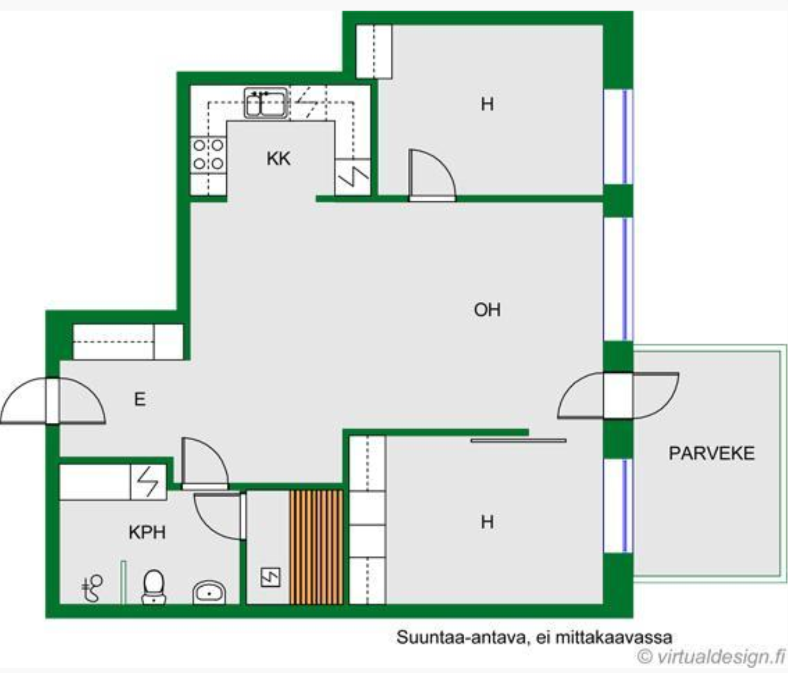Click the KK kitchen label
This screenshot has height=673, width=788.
(x=278, y=159)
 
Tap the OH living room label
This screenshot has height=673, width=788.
(x=487, y=310)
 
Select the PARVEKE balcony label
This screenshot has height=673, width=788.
(x=712, y=453)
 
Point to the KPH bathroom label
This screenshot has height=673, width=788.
(x=147, y=532)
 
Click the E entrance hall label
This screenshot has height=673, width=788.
(x=140, y=399)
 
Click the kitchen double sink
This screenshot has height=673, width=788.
(x=266, y=103)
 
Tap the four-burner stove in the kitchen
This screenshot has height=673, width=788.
(x=208, y=155)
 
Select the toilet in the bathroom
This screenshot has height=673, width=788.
(x=154, y=587)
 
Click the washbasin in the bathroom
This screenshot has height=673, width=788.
(x=209, y=593)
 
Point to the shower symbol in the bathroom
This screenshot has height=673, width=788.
(x=93, y=589)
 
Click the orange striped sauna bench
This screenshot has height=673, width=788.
(x=316, y=547)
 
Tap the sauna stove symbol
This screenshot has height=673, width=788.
(x=270, y=577)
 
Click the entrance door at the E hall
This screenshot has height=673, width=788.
(x=53, y=400)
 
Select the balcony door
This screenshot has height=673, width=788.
(x=618, y=396)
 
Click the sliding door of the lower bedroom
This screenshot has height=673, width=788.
(x=519, y=440)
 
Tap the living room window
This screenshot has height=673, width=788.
(x=618, y=279)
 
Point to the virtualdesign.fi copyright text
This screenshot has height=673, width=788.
(x=711, y=656)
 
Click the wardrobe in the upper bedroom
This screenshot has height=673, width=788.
(x=374, y=52)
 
